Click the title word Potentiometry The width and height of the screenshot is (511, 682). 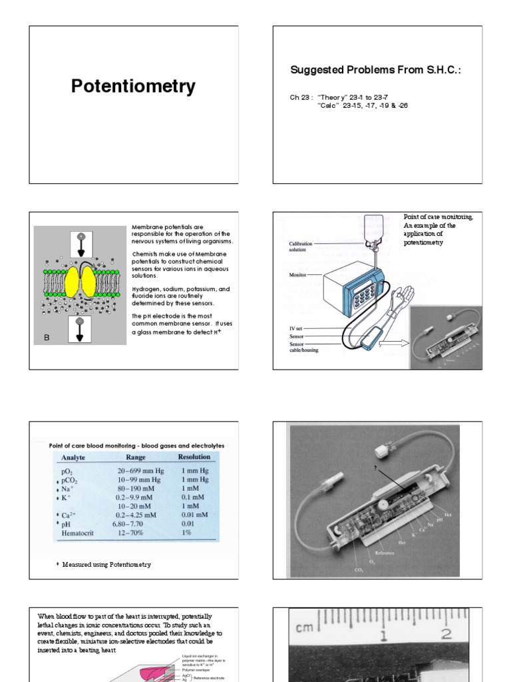pos(133,86)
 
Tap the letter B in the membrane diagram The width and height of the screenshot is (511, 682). pos(47,338)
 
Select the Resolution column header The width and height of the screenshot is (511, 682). pos(194,457)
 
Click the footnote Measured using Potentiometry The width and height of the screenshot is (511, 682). pos(106,564)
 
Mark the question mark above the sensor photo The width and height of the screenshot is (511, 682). pos(377,469)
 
